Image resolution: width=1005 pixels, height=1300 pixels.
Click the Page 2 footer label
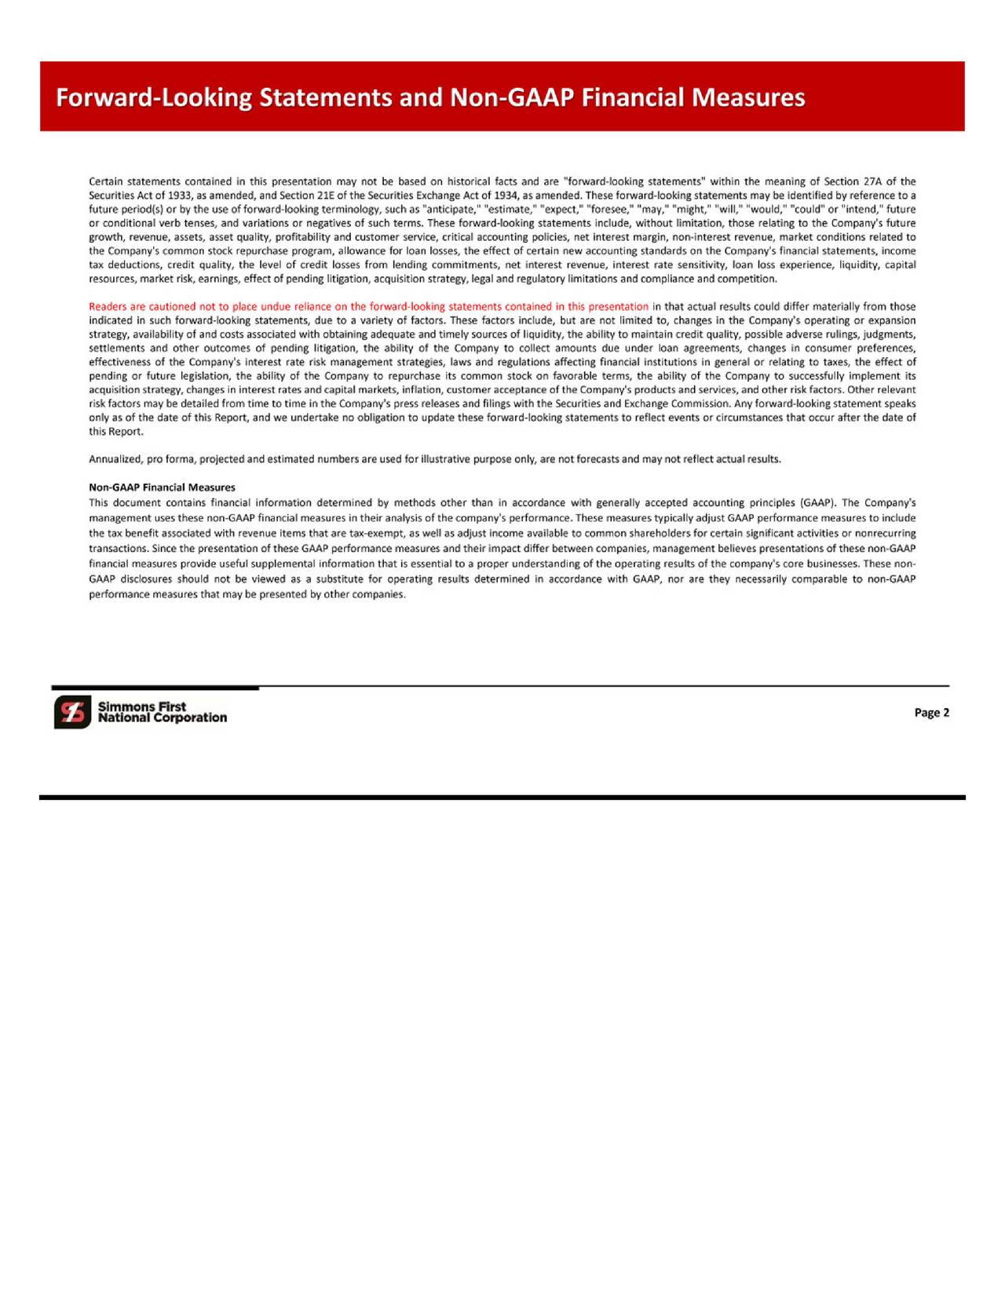pyautogui.click(x=931, y=713)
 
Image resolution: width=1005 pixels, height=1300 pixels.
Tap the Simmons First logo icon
pyautogui.click(x=72, y=712)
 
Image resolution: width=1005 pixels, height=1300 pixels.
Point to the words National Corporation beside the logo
pyautogui.click(x=163, y=718)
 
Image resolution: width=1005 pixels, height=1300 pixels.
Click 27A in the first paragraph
pyautogui.click(x=871, y=181)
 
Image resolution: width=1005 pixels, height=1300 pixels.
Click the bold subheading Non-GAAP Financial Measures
pyautogui.click(x=162, y=487)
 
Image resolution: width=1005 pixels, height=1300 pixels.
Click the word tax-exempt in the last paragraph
pyautogui.click(x=375, y=534)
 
